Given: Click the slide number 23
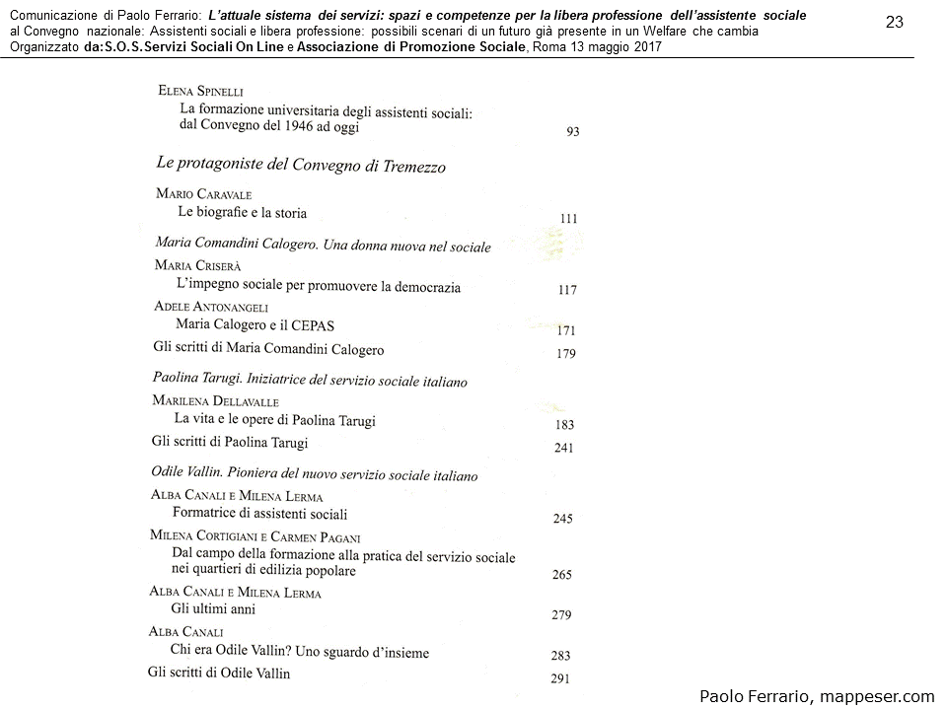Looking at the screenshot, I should click(895, 22).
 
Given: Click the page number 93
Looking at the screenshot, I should click(572, 131).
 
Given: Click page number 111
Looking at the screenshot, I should click(568, 219).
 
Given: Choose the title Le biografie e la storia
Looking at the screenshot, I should click(242, 213).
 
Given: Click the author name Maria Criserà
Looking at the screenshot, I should click(197, 266).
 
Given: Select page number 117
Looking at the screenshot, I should click(567, 290).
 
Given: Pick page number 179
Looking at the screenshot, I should click(565, 354).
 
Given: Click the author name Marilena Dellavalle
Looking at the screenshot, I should click(215, 401).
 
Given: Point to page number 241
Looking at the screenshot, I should click(563, 449).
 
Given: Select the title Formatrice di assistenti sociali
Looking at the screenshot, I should click(259, 514).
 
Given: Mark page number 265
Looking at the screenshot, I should click(562, 575).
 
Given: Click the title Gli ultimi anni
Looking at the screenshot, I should click(213, 609).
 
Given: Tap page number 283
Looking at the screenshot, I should click(560, 655).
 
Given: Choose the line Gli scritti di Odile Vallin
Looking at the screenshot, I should click(219, 674).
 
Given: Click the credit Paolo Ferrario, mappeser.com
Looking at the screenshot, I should click(817, 696).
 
